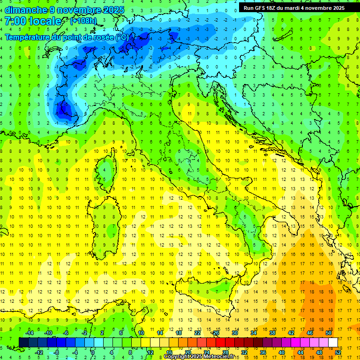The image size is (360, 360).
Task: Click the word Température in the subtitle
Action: (30, 37)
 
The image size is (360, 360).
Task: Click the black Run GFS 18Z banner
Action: (294, 7)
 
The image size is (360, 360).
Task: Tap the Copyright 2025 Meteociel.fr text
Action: (199, 357)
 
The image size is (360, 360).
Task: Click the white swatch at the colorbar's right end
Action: (333, 342)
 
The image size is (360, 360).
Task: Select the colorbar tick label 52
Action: (338, 352)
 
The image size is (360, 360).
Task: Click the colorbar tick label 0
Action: (92, 352)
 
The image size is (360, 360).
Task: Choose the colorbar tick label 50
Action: (328, 332)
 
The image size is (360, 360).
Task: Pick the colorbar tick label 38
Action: (272, 332)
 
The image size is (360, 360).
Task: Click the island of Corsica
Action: (108, 171)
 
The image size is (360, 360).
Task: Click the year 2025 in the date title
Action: (113, 10)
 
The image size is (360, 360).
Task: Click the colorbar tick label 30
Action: (234, 332)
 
